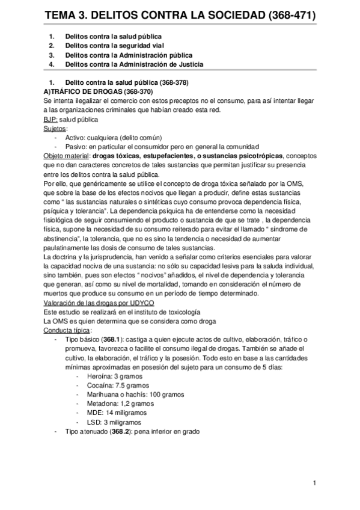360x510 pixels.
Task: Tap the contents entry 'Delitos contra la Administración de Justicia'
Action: pos(134,64)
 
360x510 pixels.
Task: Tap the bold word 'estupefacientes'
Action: pos(169,156)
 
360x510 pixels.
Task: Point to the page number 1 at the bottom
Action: pos(314,483)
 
